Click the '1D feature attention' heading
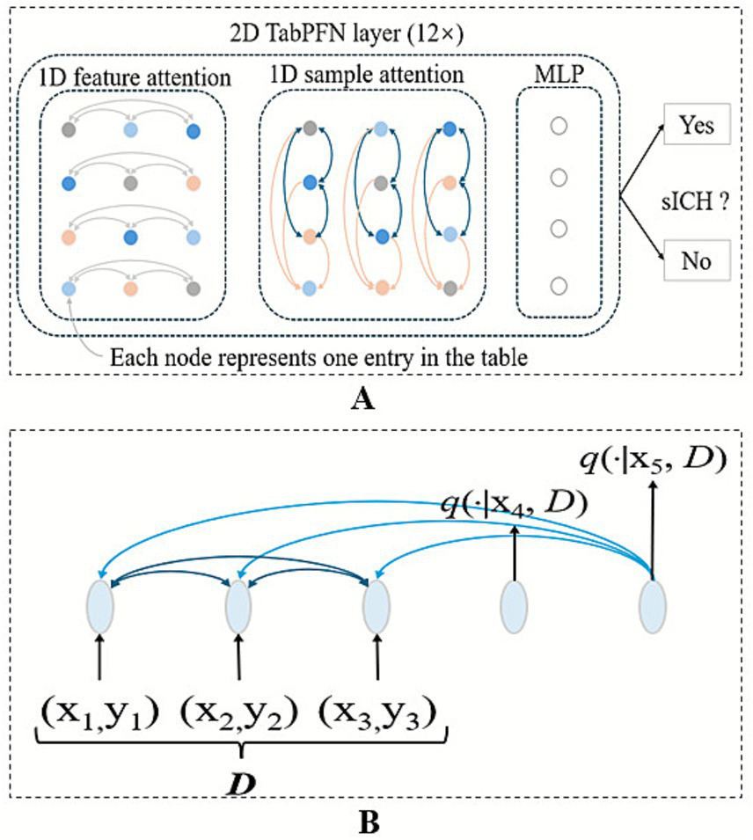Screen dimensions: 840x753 pos(135,77)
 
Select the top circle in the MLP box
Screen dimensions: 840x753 pos(557,127)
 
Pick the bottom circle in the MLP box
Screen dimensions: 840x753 pos(557,284)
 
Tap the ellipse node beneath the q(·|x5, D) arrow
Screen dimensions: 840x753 pos(653,607)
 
